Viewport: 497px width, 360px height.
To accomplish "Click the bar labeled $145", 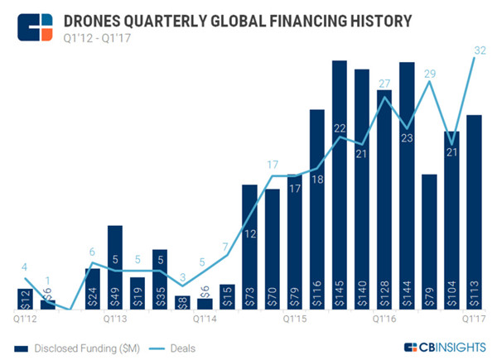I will click(x=339, y=182).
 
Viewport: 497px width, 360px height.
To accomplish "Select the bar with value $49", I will click(x=115, y=265).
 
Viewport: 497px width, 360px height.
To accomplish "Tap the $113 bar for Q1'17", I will click(x=474, y=211).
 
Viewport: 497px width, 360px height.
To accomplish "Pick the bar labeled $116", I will click(x=316, y=207).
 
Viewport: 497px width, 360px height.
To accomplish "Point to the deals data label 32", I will click(x=478, y=50).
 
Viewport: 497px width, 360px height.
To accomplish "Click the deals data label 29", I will click(x=429, y=74).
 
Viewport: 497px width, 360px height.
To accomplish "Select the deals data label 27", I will click(x=384, y=83).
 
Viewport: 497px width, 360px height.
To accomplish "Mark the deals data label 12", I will click(x=250, y=234).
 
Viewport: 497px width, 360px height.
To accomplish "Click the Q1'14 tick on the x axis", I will click(x=205, y=317).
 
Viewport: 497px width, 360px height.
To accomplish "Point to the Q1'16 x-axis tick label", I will click(x=384, y=317).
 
